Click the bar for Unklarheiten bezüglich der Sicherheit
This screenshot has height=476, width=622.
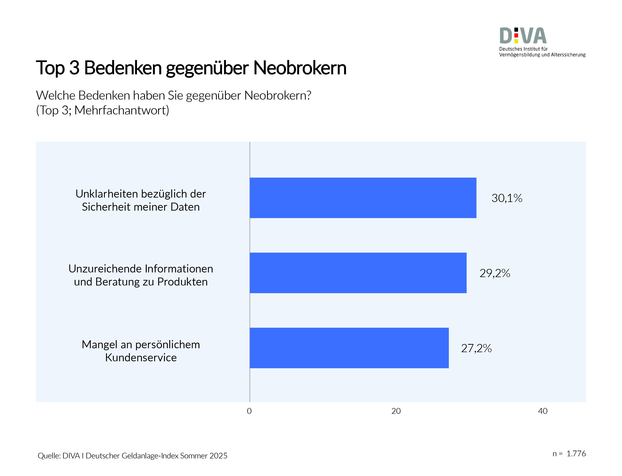coord(363,198)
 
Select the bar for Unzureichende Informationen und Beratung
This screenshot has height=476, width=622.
coord(358,273)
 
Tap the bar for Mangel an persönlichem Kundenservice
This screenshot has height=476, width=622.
coord(349,348)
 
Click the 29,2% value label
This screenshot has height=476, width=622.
coord(495,273)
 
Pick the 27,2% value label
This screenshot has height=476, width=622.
coord(476,348)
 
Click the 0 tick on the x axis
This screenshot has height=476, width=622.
coord(249,411)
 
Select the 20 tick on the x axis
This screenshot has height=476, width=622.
coord(396,411)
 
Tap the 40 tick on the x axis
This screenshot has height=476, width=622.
coord(542,411)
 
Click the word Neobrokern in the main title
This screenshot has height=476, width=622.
coord(299,68)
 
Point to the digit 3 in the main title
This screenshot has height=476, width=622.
coord(74,68)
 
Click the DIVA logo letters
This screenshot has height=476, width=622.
coord(523,36)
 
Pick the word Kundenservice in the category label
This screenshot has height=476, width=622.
coord(141,358)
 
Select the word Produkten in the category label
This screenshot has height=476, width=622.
coord(182,282)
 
